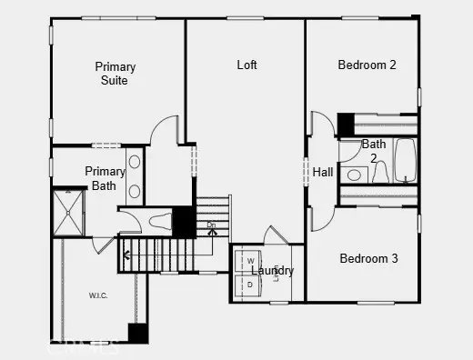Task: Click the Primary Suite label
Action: pyautogui.click(x=116, y=74)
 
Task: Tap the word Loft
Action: pyautogui.click(x=247, y=65)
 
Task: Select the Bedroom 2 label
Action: pyautogui.click(x=367, y=65)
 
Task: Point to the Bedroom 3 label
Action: pyautogui.click(x=368, y=259)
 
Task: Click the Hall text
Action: pyautogui.click(x=323, y=172)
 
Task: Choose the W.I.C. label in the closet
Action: pyautogui.click(x=99, y=295)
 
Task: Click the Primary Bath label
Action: pyautogui.click(x=105, y=178)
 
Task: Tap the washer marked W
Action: pyautogui.click(x=250, y=262)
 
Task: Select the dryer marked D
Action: pyautogui.click(x=250, y=285)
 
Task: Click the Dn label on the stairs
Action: pyautogui.click(x=211, y=225)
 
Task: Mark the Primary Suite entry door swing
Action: pyautogui.click(x=165, y=130)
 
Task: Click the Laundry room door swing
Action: pyautogui.click(x=275, y=235)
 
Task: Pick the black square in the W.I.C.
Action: pyautogui.click(x=137, y=333)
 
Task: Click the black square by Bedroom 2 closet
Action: pyautogui.click(x=346, y=123)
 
